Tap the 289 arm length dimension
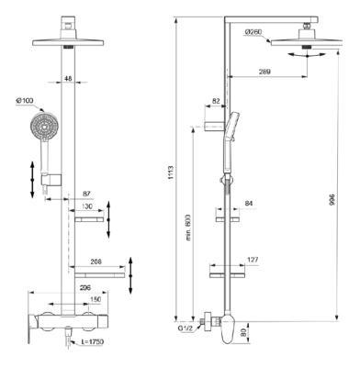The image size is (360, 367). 267,71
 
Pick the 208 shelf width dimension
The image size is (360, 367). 97,261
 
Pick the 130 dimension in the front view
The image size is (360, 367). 88,206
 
